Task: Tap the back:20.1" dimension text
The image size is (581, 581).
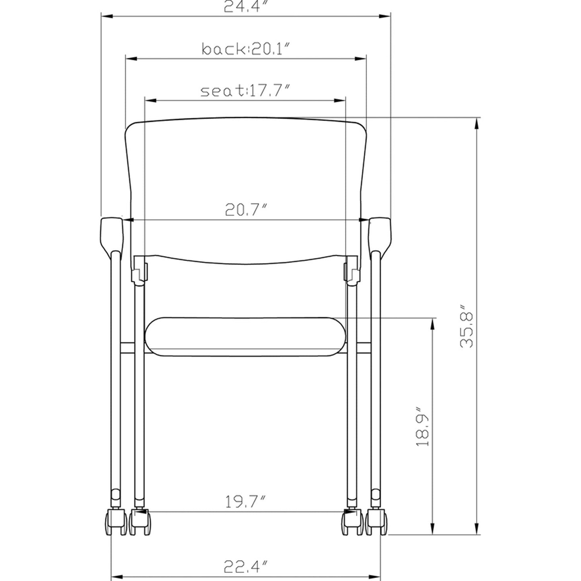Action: tap(246, 49)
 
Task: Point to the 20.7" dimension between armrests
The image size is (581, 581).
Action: tap(246, 210)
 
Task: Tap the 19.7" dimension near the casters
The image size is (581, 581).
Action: tap(246, 503)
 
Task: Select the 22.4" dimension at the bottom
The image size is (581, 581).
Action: tap(246, 567)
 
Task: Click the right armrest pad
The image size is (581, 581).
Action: tap(380, 234)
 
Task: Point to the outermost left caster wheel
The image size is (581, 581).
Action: tap(115, 522)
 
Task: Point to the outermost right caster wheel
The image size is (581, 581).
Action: tap(377, 522)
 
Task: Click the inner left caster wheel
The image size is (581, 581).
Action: tap(140, 523)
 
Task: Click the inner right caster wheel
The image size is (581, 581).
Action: tap(351, 523)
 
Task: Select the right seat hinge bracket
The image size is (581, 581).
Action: tap(351, 270)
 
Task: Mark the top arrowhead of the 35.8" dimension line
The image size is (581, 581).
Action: tap(477, 123)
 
